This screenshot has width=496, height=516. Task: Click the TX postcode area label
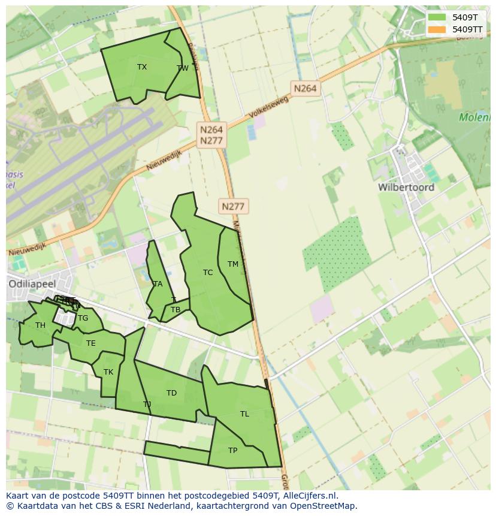point(142,67)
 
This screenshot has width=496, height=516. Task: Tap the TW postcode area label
point(183,68)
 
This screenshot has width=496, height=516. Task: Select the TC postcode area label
point(208,273)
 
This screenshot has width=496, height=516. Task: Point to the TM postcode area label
point(233,264)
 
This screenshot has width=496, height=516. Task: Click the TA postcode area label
point(158,284)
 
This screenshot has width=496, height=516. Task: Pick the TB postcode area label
point(176,310)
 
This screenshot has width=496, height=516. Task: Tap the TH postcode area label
point(40,325)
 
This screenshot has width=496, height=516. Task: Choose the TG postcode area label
point(83,318)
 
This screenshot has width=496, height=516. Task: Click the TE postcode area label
point(91,343)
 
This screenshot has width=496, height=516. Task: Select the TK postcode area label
point(108,372)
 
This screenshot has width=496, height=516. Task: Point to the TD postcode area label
point(172,393)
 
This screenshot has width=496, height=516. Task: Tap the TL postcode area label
point(244,414)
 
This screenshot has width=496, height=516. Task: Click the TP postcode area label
point(233,451)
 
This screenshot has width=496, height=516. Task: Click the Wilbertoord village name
point(406,187)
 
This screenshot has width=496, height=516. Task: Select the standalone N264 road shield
point(305,89)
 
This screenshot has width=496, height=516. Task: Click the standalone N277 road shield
point(233,207)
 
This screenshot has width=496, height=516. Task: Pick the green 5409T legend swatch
point(437,17)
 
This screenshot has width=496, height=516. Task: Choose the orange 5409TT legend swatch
point(437,29)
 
